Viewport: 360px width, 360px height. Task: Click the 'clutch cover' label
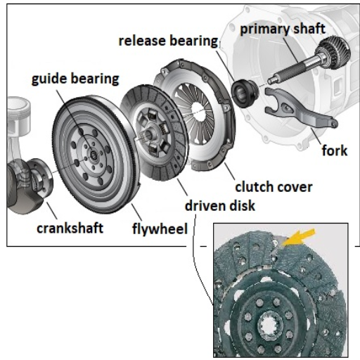pos(274,187)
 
